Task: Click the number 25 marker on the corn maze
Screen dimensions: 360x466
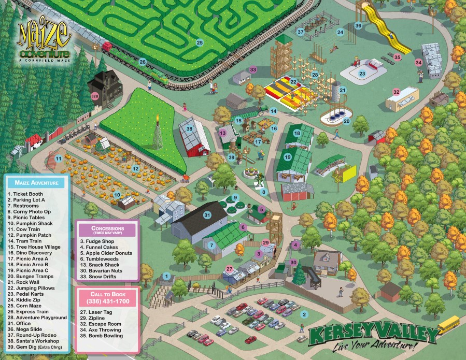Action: [x=200, y=42]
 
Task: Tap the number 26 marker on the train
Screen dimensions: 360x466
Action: [x=143, y=62]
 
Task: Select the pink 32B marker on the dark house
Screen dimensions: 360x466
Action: [x=95, y=96]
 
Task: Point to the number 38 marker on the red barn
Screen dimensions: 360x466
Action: [x=190, y=128]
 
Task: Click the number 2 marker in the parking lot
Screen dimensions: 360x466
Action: [x=305, y=314]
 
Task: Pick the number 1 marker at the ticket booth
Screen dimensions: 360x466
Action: [x=166, y=277]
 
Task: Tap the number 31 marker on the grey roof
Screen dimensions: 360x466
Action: [x=208, y=215]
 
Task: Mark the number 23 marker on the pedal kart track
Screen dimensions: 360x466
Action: [x=362, y=74]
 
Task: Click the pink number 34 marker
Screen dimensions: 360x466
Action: [x=418, y=62]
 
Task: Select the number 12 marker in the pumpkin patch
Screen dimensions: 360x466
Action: [x=135, y=168]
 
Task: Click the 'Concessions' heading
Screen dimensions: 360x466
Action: [x=107, y=228]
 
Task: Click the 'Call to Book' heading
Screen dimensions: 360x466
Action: [x=108, y=294]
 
